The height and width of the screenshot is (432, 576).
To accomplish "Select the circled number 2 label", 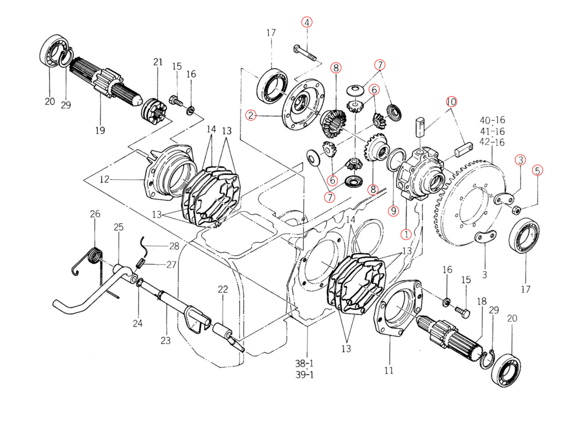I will coord(250,115).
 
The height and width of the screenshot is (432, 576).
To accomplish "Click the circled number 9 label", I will coord(393,210).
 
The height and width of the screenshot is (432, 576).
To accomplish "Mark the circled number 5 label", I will coord(537,170).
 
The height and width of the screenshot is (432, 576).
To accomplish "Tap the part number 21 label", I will coord(158,62).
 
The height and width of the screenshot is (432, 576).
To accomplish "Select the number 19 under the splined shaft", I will coord(100,130).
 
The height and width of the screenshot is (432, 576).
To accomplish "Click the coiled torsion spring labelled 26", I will coord(95,255).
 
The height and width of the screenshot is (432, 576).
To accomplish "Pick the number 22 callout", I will coord(223,289).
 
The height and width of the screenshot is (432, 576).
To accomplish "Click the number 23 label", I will coord(166,341).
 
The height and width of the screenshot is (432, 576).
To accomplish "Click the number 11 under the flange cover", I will coord(389,370).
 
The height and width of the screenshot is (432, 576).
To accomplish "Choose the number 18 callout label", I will coord(481,301).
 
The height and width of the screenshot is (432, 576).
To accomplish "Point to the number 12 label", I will coord(105,180).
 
